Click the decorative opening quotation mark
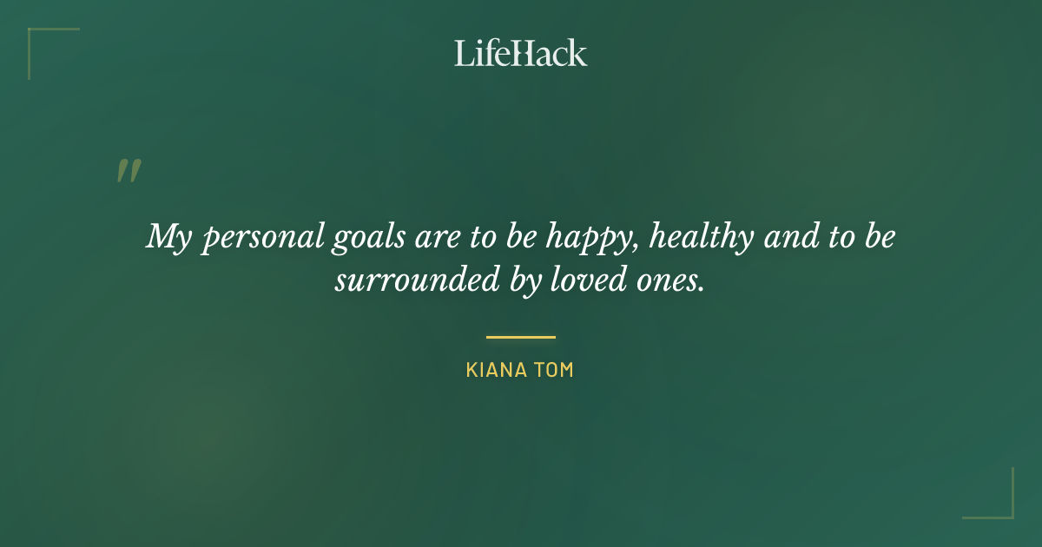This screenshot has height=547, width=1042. (x=128, y=171)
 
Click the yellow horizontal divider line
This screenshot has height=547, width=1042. (x=521, y=337)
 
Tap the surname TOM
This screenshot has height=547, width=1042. (x=556, y=370)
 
